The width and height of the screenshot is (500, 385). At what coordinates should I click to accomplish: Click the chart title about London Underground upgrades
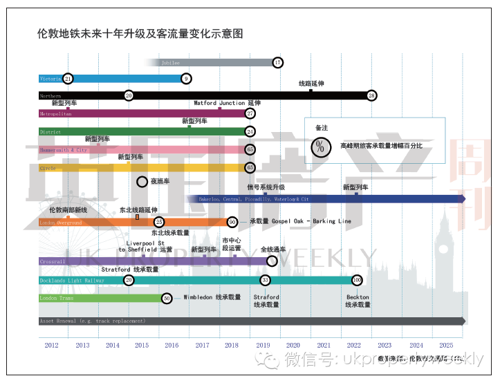(140, 33)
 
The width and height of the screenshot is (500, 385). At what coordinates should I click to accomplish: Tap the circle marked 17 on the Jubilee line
(277, 62)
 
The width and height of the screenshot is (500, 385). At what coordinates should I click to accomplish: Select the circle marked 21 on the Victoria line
(67, 79)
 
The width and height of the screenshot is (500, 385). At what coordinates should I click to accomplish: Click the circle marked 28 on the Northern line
(372, 95)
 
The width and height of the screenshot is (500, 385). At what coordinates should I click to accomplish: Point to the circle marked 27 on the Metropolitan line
(250, 113)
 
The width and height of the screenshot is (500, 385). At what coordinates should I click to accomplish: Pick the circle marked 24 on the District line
(250, 131)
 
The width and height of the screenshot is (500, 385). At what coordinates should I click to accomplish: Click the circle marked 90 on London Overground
(232, 222)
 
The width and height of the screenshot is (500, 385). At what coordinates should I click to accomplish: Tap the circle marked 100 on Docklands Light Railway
(357, 280)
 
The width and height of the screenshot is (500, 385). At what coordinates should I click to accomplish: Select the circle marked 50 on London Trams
(166, 298)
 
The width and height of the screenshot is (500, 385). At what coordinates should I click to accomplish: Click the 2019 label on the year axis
(263, 345)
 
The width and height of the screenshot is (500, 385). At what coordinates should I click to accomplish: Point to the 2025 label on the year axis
(446, 345)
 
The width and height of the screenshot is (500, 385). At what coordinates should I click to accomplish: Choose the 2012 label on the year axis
(52, 345)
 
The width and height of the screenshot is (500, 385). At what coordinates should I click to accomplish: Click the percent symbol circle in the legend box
(320, 146)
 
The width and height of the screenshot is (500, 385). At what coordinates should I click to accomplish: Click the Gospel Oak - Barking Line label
(300, 221)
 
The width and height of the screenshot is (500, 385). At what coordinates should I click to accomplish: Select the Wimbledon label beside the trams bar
(212, 298)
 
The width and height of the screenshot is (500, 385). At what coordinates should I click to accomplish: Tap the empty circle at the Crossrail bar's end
(272, 261)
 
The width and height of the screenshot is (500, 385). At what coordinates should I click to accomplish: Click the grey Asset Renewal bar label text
(93, 321)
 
